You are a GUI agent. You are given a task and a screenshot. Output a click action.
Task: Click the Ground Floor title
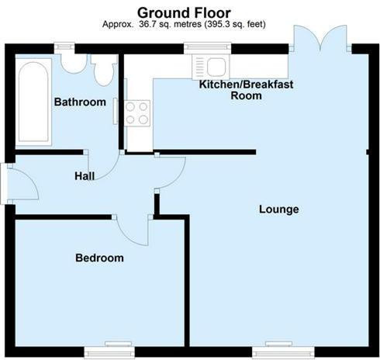click(x=184, y=12)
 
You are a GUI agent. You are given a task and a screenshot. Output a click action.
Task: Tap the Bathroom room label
click(x=80, y=102)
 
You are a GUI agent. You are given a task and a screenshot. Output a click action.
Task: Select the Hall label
click(x=85, y=176)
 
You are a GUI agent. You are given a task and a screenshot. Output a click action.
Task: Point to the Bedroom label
click(x=99, y=258)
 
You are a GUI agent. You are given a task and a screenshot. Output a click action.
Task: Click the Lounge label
click(x=279, y=209)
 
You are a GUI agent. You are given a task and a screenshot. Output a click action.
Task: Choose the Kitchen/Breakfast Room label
click(x=246, y=90)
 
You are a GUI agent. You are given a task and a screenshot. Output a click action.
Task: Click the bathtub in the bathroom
click(x=33, y=102)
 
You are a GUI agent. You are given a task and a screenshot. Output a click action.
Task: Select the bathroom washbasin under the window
click(x=74, y=63)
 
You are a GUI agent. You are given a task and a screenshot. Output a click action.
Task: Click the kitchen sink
click(x=211, y=67)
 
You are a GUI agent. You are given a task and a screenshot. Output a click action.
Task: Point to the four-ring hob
click(x=137, y=113)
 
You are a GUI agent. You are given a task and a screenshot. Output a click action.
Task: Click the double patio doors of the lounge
click(x=320, y=39)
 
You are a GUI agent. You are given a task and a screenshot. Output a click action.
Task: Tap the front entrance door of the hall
click(x=20, y=183)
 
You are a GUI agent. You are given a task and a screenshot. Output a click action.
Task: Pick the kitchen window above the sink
click(x=207, y=47)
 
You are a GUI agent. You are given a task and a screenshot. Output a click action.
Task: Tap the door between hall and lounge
click(x=171, y=172)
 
